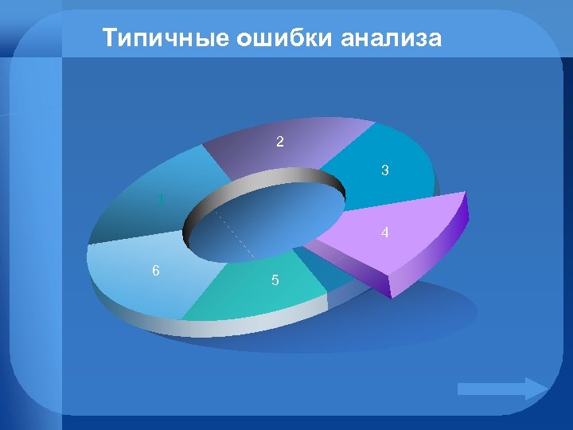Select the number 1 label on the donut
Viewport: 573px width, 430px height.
click(162, 200)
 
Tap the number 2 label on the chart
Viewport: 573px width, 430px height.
click(279, 143)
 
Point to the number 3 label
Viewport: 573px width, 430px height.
click(384, 170)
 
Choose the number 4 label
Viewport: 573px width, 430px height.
click(384, 233)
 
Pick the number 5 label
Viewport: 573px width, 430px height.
click(275, 280)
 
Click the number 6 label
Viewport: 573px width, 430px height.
click(156, 270)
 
